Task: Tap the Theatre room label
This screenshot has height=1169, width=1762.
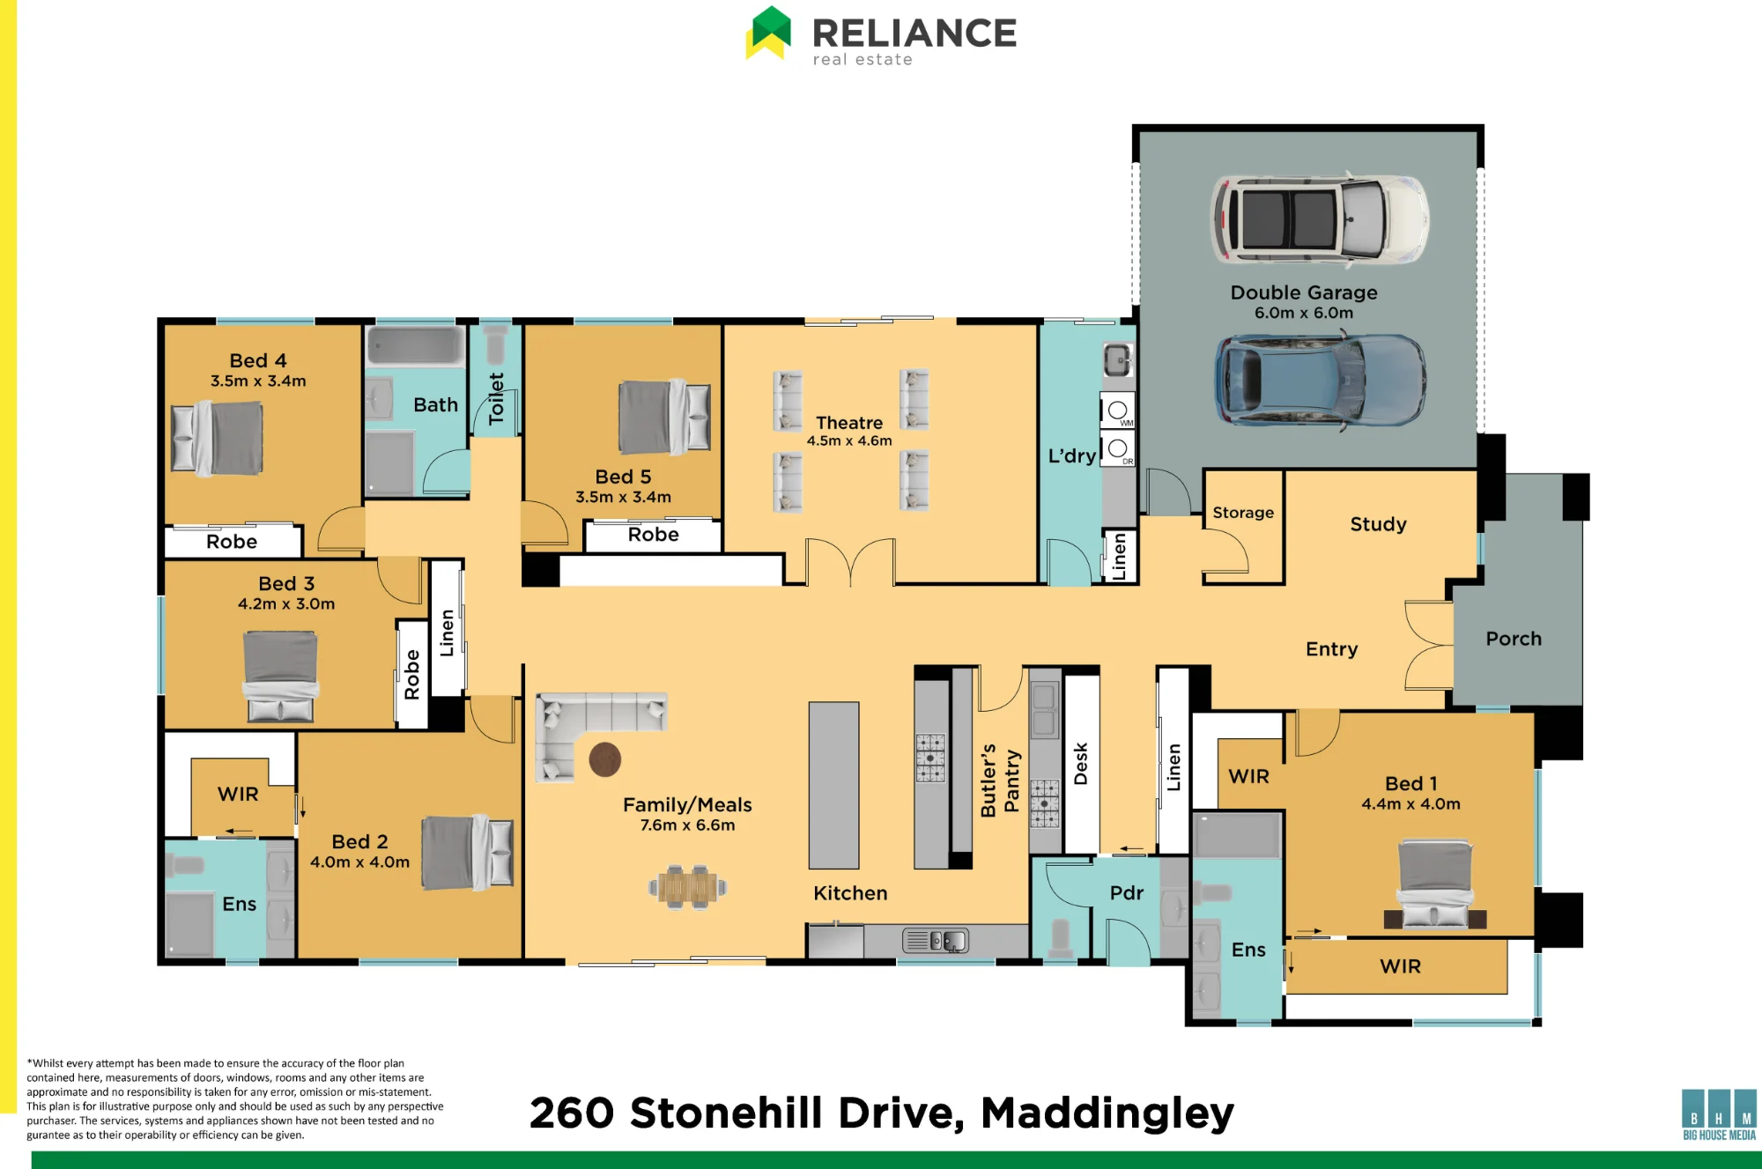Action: pos(849,423)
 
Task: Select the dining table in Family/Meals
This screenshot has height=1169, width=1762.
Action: pos(688,887)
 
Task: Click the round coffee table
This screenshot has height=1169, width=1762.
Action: pos(605,759)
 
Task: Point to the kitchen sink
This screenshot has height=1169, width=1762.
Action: pos(936,941)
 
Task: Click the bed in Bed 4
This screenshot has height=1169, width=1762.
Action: pos(218,438)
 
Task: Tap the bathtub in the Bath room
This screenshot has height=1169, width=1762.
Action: pos(415,346)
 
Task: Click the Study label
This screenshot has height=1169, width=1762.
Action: pos(1378,524)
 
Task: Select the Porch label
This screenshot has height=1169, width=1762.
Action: pos(1514,639)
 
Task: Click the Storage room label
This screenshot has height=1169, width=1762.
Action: pos(1243,513)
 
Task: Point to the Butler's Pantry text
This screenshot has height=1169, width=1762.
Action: pos(1000,780)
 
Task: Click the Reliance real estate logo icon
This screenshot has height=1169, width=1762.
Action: pos(768,33)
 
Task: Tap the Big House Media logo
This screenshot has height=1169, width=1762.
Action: pos(1719,1114)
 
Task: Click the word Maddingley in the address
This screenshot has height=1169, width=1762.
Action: pos(1107,1113)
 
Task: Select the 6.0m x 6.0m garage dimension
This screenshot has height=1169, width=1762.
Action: pos(1304,313)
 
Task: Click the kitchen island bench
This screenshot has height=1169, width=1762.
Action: pos(833,785)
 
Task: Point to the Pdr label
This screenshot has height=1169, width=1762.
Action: pos(1127,893)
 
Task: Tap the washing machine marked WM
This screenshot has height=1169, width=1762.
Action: pos(1118,411)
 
